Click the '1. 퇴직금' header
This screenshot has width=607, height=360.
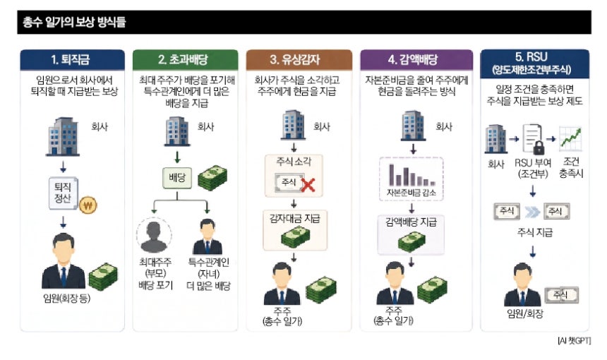pos(73,59)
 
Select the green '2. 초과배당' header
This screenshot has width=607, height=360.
pos(185,59)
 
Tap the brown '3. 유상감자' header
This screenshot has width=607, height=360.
pos(299,59)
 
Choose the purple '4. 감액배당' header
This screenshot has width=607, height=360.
pos(416,59)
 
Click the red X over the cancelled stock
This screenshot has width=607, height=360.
pos(308,185)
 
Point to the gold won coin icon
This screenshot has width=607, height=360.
pos(88,205)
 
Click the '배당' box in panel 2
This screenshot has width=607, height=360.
pos(177,178)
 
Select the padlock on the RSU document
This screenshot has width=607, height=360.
pos(539,148)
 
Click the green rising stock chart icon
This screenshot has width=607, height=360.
pos(570,139)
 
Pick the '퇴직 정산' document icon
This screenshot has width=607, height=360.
pos(64,193)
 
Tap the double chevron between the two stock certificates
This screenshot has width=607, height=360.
pos(532,211)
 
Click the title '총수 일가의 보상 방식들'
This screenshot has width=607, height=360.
pos(74,22)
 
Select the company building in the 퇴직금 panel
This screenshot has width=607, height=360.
pos(63,136)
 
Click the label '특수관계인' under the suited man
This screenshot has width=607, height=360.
pos(208,263)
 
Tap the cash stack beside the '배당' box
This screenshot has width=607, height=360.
pos(212,178)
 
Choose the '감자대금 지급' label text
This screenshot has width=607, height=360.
pos(294,219)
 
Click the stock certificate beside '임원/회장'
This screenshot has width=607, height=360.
pos(561,295)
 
